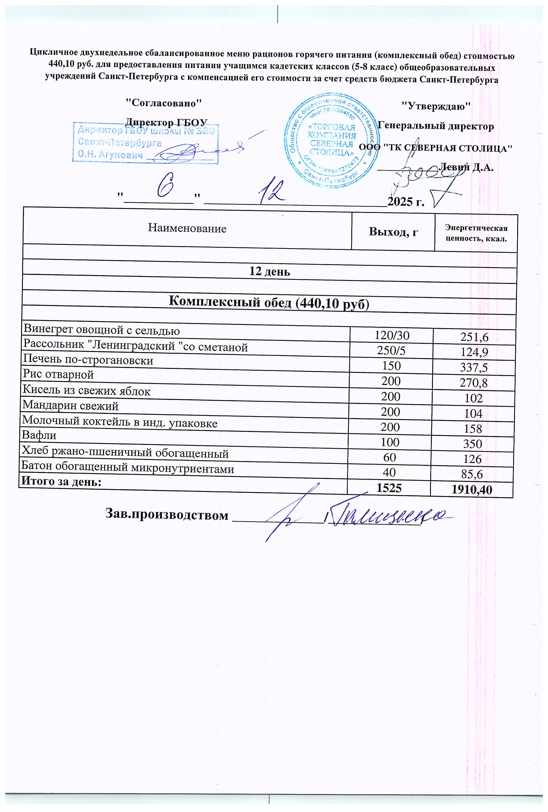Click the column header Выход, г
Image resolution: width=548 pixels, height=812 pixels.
tap(393, 232)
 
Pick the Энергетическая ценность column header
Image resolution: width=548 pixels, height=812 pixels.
tap(476, 234)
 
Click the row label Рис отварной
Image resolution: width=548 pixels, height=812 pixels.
tap(58, 374)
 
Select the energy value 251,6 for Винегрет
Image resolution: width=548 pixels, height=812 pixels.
tap(474, 337)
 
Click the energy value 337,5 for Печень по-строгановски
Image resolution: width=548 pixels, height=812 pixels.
tap(474, 367)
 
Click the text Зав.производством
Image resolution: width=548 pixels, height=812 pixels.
tap(167, 515)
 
